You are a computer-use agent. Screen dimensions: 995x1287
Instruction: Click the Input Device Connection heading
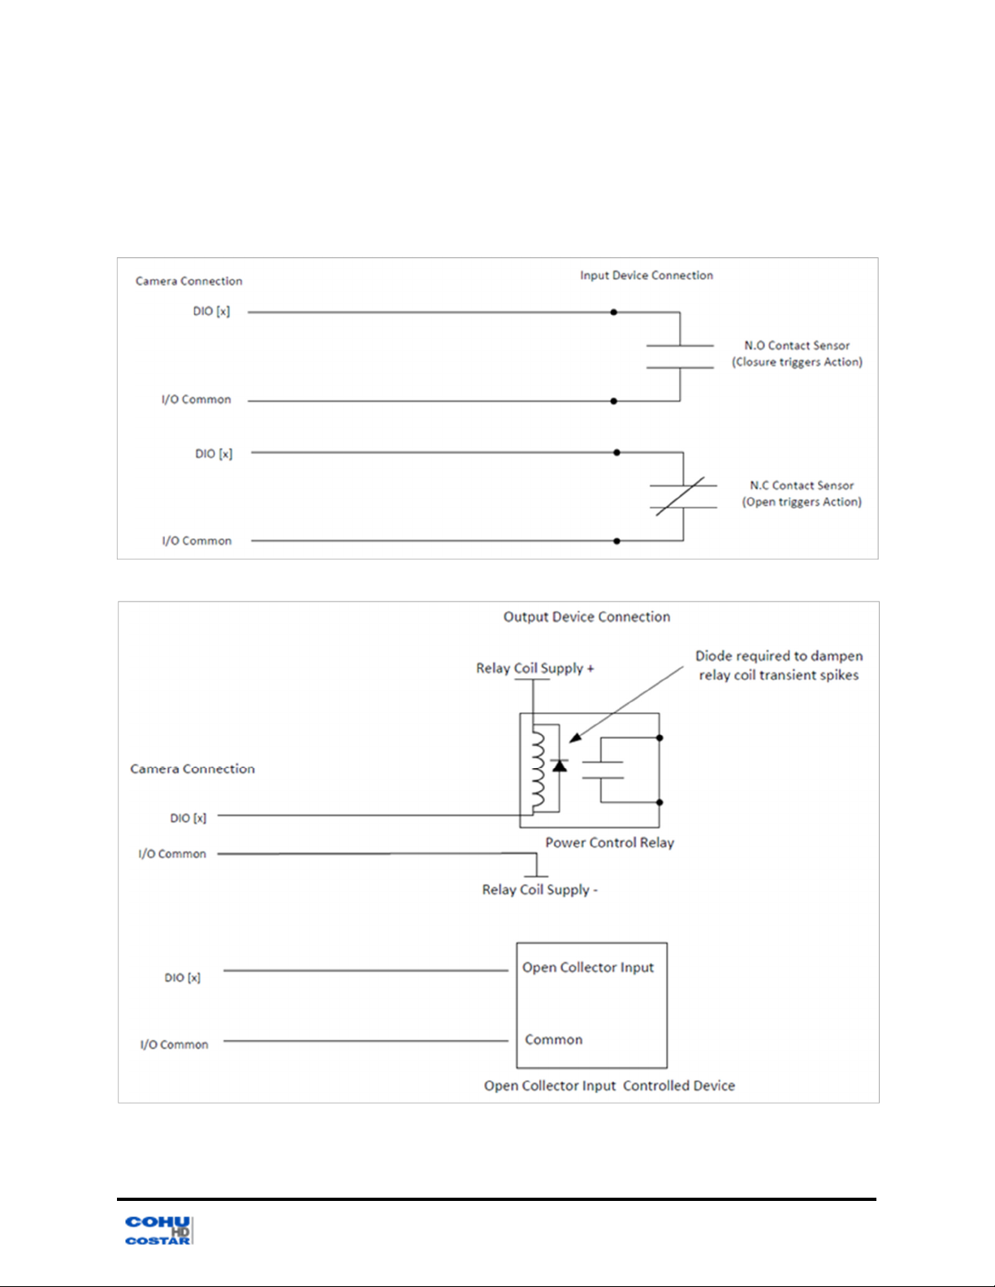point(647,275)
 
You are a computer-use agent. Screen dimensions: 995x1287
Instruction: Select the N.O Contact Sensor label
point(797,345)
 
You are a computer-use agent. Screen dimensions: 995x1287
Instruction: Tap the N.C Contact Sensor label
point(802,486)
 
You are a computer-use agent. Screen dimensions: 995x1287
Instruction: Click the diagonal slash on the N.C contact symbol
point(680,496)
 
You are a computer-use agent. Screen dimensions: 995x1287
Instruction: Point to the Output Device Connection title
point(587,617)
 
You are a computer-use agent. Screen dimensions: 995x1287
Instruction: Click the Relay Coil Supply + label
point(534,668)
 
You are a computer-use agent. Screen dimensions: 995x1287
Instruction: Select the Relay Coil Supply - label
point(539,890)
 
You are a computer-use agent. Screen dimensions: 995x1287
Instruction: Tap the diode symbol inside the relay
point(560,765)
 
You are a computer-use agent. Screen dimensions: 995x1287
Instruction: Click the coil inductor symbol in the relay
point(538,770)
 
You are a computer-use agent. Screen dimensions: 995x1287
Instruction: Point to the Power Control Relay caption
point(609,843)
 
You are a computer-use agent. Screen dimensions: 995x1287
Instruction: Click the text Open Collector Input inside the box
point(587,967)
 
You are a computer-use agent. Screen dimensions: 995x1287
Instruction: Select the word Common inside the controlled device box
point(554,1039)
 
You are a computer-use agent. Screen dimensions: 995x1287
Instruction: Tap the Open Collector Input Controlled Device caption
point(609,1086)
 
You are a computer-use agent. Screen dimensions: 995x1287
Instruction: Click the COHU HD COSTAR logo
point(158,1230)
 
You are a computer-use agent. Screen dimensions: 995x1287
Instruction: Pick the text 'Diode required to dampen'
point(779,656)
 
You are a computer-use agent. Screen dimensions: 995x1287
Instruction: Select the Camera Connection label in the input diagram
point(189,281)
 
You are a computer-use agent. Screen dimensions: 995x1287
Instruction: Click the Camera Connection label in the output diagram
point(193,769)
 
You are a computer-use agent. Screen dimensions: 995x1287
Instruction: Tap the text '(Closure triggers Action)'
point(797,362)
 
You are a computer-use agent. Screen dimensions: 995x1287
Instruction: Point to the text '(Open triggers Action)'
point(802,503)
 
